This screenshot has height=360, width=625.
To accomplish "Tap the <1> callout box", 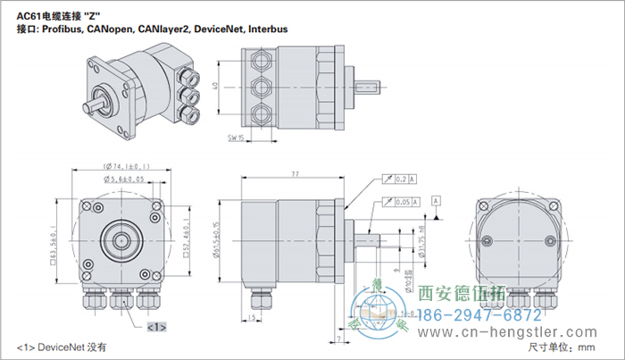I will click(156, 327).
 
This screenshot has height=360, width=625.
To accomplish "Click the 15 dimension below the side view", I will click(253, 317).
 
